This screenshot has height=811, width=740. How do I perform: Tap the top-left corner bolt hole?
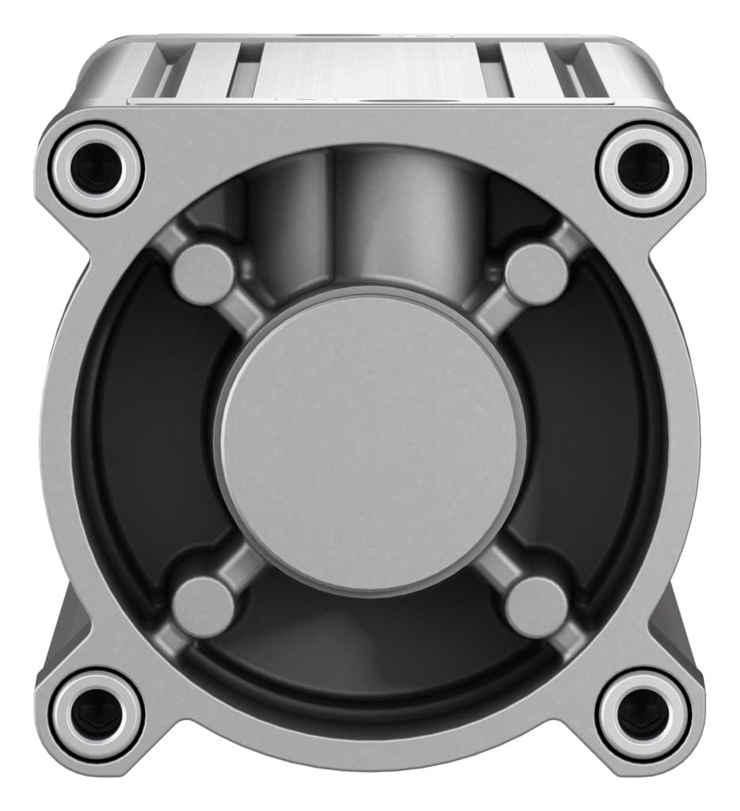click(x=96, y=168)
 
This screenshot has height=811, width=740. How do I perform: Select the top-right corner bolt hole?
click(x=643, y=168)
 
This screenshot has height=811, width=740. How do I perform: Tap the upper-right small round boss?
click(x=536, y=273)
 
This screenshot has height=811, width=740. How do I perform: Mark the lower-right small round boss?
click(x=536, y=607)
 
